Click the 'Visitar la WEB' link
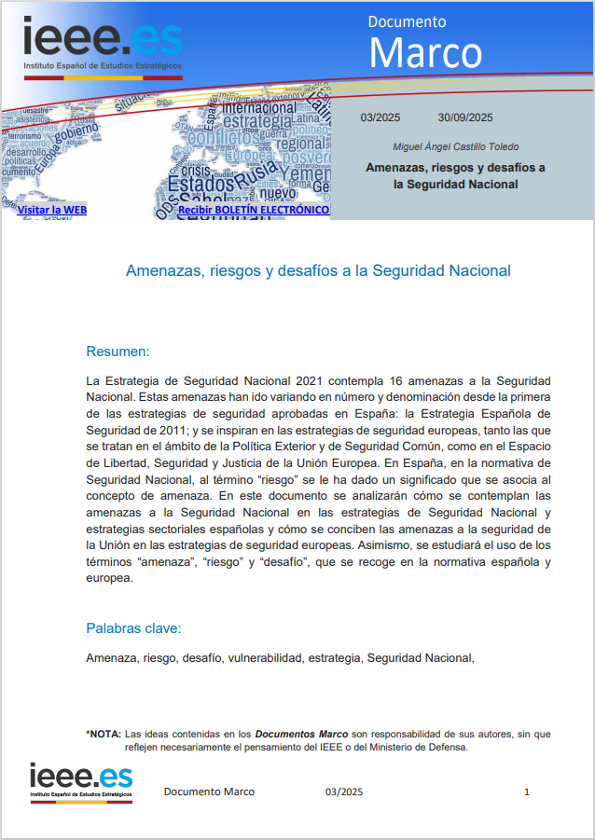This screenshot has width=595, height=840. pos(51,210)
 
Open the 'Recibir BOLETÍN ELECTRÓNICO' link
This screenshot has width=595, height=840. pos(253,210)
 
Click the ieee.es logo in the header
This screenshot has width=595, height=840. pos(103,45)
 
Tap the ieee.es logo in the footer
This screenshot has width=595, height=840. pos(81,781)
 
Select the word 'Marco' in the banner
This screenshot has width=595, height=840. pos(425,52)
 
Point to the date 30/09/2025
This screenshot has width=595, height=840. pos(465,117)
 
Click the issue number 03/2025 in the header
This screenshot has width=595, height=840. pos(380,117)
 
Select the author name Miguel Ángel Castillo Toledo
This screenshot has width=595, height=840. pos(456,146)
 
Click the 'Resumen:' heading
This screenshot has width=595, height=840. pos(118,351)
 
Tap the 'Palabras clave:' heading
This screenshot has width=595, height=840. pos(133,627)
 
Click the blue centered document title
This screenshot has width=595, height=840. pos(318,270)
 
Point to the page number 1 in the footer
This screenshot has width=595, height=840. pos(527,792)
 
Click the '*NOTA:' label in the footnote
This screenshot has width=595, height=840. pos(103,734)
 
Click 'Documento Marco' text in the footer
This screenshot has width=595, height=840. pos(209,792)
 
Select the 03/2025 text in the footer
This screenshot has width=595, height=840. pos(344,792)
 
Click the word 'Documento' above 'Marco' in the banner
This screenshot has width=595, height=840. pos(407,21)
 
